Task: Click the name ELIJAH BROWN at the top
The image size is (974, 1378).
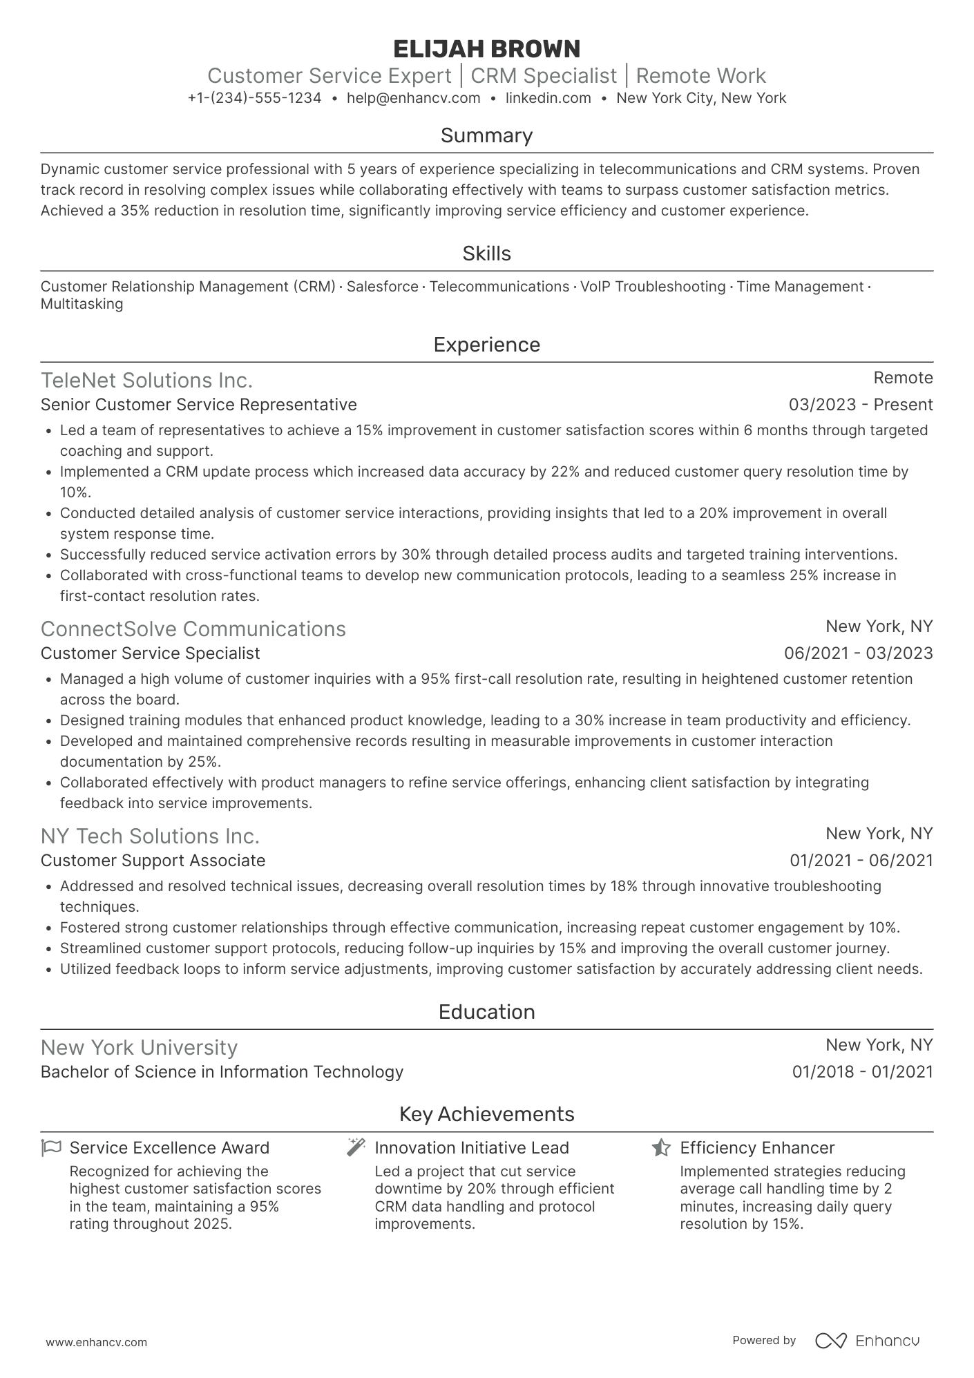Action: (486, 49)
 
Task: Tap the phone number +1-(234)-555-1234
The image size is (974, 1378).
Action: (254, 98)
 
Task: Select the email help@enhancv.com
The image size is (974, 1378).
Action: (413, 98)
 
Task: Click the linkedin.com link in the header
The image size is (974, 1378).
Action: (548, 98)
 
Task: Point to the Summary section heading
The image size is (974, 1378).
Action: (486, 135)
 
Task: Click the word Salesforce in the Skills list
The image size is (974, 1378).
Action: (382, 287)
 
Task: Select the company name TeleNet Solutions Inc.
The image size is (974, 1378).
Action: (146, 381)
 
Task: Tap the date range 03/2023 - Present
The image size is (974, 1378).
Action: (860, 405)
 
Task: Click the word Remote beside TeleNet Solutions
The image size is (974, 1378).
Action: (902, 378)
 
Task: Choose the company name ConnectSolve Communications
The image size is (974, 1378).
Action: (193, 629)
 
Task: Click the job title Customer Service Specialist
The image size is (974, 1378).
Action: (150, 653)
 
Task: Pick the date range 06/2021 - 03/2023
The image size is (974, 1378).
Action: (858, 653)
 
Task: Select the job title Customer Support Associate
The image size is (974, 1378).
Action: (153, 861)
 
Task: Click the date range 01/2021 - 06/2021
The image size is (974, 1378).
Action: (861, 861)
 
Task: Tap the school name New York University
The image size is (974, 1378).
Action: (139, 1048)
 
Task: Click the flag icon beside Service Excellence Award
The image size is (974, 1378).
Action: (50, 1148)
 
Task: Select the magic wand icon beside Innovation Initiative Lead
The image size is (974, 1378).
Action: (356, 1147)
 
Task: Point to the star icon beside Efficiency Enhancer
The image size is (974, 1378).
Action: (661, 1148)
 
